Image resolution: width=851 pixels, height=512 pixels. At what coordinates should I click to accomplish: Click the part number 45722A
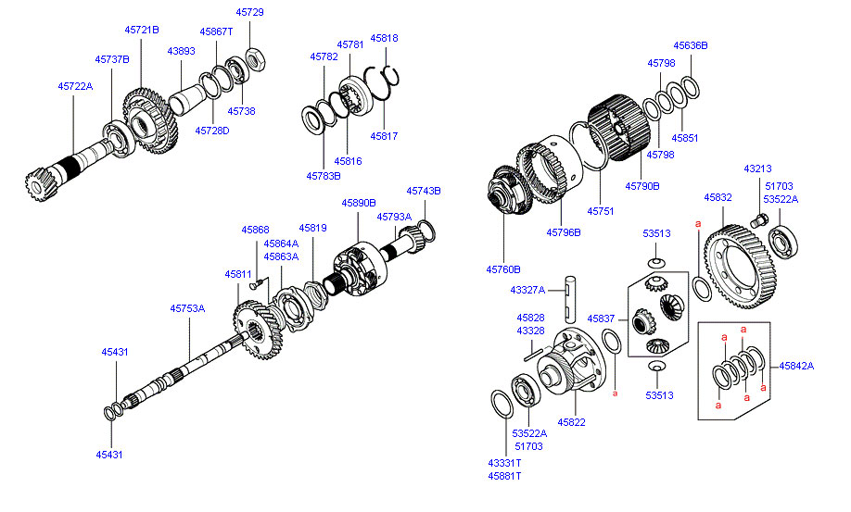tap(75, 86)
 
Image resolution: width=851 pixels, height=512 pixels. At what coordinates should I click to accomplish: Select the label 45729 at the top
tap(249, 12)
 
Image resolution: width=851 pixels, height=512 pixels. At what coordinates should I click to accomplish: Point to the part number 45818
tap(384, 38)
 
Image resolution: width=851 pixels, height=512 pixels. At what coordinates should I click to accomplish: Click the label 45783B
tap(324, 175)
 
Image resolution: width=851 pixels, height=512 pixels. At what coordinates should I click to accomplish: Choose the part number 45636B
tap(691, 44)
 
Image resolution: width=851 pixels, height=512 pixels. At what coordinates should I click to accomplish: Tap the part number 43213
tap(757, 169)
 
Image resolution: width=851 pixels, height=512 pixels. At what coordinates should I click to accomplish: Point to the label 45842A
tap(796, 366)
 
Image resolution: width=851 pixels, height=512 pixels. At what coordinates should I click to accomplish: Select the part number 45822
tap(571, 421)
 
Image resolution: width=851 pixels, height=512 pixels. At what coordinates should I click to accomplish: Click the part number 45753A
tap(186, 308)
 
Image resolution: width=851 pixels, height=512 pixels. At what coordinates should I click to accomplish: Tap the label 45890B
tap(358, 202)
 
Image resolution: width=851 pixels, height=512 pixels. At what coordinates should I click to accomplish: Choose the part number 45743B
tap(423, 191)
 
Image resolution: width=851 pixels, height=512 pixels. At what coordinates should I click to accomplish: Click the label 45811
tap(237, 274)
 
